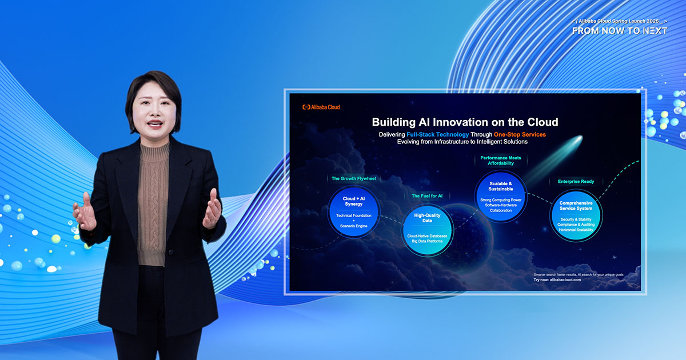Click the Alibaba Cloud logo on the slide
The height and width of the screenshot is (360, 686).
pos(321,107)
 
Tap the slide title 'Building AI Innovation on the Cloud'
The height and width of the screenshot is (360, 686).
pos(465,122)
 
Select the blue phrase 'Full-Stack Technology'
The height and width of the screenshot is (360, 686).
pos(438,134)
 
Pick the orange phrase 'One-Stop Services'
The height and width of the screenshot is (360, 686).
pos(520,134)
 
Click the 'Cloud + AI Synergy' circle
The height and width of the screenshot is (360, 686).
pos(354,211)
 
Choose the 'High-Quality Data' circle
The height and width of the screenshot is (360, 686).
pos(427,230)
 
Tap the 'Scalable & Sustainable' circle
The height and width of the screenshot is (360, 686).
pos(501,196)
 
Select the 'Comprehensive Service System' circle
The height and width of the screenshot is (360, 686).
pos(576,215)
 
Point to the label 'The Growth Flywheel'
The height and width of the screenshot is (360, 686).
pos(354,178)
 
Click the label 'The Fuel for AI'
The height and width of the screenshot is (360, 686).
pos(427,196)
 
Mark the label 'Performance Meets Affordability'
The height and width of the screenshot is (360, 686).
pos(501,161)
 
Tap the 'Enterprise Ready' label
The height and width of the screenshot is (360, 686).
pos(576,182)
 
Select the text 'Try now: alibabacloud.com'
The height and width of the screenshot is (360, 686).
pos(557,280)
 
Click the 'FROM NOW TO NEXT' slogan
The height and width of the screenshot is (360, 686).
pos(620,31)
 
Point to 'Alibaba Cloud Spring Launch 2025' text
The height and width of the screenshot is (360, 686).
pos(619,21)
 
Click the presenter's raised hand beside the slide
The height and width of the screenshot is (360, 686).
pos(212,209)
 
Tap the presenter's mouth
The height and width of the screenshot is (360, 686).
pos(155,124)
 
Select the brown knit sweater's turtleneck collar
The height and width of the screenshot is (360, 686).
pos(155,153)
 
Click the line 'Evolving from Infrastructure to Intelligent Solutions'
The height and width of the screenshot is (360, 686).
pos(462,142)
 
